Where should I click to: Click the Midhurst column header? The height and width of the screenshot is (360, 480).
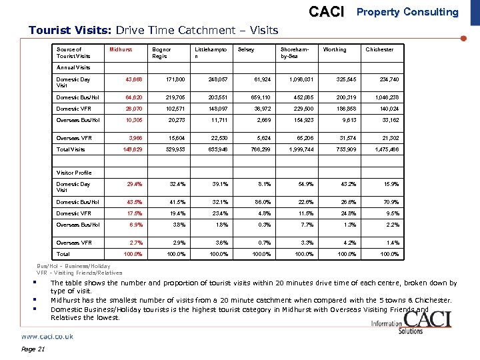click(x=121, y=49)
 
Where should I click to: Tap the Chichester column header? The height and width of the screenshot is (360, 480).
click(x=379, y=49)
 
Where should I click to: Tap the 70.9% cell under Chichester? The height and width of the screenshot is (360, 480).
click(x=389, y=202)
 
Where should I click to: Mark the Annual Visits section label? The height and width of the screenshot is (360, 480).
click(x=73, y=67)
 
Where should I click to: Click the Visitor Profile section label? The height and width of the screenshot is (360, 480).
click(x=74, y=173)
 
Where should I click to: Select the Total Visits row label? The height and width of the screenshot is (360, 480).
click(x=71, y=150)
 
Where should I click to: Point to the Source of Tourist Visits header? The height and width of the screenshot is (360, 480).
click(x=73, y=53)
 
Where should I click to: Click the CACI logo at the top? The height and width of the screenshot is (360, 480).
click(x=327, y=12)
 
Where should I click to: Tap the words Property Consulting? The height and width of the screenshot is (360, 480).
click(x=407, y=12)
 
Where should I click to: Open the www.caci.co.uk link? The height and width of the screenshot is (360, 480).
click(x=47, y=337)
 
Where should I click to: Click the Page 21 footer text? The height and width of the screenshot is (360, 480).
click(x=33, y=350)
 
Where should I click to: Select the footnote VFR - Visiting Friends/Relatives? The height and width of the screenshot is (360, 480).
click(x=79, y=273)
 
